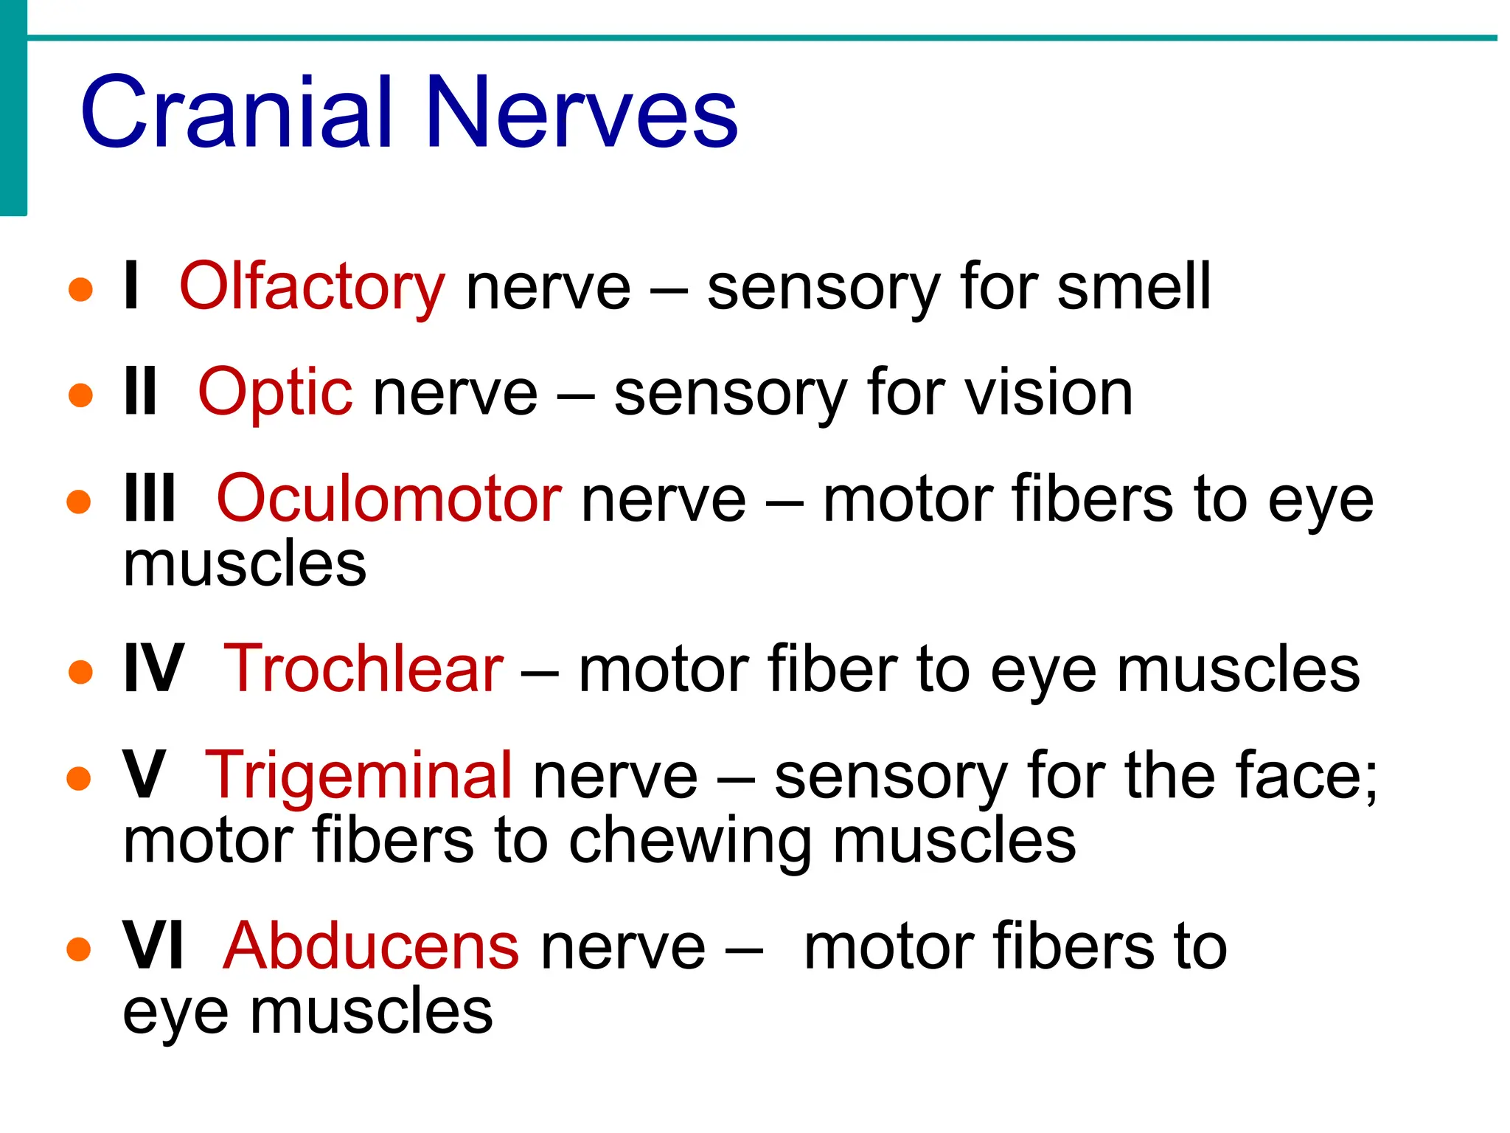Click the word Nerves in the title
582,113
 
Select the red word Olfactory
312,287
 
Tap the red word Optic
275,393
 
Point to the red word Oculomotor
389,499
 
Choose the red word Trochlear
363,669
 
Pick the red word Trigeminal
358,775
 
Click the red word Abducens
371,946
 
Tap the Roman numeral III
150,499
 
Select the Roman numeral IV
153,669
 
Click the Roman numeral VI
153,946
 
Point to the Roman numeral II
140,393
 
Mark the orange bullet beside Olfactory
80,289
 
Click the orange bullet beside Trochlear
80,672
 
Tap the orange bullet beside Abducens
79,949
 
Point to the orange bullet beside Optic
80,395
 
